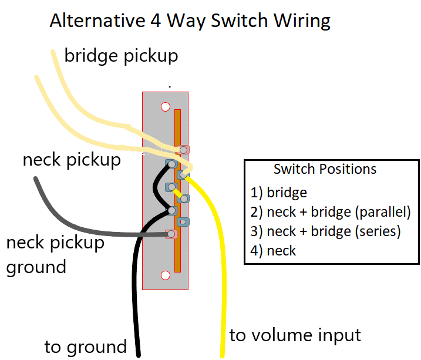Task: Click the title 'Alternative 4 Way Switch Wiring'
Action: point(190,21)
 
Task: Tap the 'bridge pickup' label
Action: point(121,56)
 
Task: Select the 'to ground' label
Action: point(85,346)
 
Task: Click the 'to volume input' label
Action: point(295,335)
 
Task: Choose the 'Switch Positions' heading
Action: point(325,170)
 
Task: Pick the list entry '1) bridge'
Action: point(279,192)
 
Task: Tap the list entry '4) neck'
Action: point(273,251)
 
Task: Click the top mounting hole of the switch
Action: point(166,107)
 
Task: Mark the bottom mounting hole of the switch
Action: point(166,274)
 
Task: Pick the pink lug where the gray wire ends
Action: point(171,234)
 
